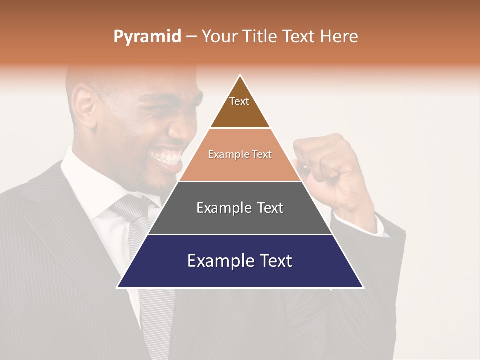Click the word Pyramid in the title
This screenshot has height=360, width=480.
[x=147, y=37]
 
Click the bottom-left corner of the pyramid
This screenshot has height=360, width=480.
[x=117, y=287]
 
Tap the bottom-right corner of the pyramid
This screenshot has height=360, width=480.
[x=363, y=287]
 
